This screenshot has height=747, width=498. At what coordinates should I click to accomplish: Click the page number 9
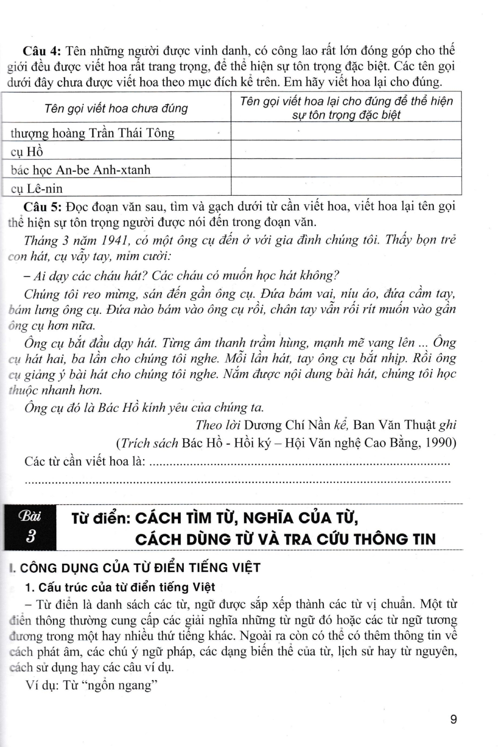pyautogui.click(x=453, y=719)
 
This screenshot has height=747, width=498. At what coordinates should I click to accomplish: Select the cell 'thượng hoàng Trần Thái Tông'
pyautogui.click(x=93, y=133)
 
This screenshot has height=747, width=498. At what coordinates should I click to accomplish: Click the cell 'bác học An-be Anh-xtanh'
pyautogui.click(x=81, y=170)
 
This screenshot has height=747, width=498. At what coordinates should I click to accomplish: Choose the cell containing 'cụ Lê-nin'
pyautogui.click(x=37, y=189)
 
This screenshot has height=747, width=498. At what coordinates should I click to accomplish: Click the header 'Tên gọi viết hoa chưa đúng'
pyautogui.click(x=116, y=108)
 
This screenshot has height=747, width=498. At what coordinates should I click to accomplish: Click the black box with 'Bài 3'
pyautogui.click(x=30, y=527)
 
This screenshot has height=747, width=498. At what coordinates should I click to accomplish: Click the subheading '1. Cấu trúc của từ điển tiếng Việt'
pyautogui.click(x=120, y=587)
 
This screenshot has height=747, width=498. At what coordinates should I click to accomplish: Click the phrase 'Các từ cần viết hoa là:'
pyautogui.click(x=85, y=462)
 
